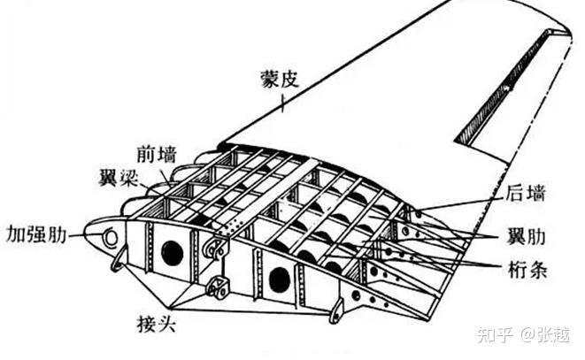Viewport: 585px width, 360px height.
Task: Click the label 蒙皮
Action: pos(281,79)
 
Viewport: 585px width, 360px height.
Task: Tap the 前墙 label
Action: pos(157,153)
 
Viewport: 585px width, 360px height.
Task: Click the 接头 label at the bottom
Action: pos(156,324)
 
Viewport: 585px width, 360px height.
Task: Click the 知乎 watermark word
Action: pos(494,335)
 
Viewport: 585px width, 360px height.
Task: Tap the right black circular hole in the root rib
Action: pos(279,279)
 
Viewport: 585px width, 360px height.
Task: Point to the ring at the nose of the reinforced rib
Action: pos(111,237)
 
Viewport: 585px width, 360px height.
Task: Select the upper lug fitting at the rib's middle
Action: pos(212,249)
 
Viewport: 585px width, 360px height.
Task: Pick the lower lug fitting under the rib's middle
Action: pos(216,287)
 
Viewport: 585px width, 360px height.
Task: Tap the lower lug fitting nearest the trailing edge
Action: pos(336,310)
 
